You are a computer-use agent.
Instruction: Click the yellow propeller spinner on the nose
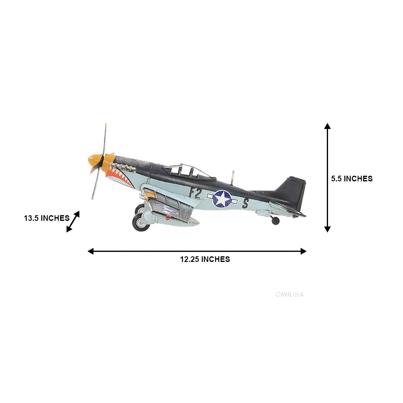pos(95,162)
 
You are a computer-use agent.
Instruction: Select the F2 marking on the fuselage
pos(195,193)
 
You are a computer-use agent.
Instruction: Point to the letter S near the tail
pos(245,203)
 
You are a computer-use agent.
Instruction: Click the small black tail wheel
pos(275,220)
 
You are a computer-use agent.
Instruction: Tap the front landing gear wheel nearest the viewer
pos(139,223)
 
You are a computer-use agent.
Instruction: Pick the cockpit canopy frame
pos(189,171)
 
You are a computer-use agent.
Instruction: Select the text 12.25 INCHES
pos(205,260)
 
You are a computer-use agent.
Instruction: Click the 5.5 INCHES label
pos(351,179)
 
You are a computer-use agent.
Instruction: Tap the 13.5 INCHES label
pos(47,218)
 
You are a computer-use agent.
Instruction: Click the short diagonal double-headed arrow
pos(73,221)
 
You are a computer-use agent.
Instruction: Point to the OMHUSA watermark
pos(290,295)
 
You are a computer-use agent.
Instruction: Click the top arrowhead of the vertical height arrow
pos(328,126)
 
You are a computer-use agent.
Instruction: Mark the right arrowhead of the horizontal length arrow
pos(303,251)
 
